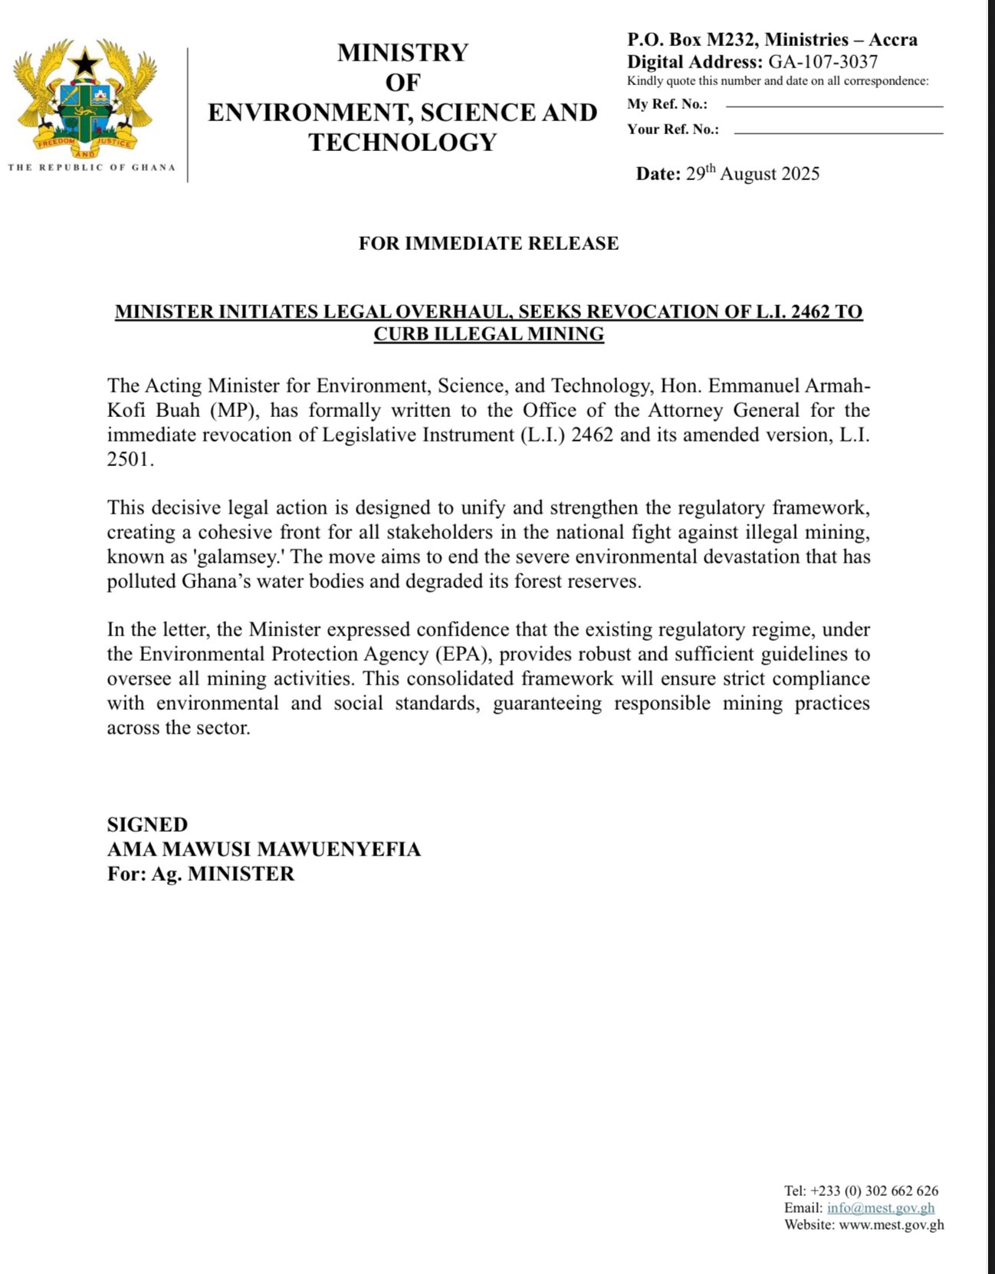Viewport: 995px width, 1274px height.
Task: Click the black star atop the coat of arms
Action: point(84,61)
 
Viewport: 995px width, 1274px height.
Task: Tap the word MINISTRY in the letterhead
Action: point(402,53)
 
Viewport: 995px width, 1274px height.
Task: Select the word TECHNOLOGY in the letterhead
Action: point(402,143)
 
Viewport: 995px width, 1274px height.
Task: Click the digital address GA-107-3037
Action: point(823,62)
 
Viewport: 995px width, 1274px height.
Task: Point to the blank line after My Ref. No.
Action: point(834,106)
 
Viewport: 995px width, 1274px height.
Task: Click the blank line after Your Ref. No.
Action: point(838,133)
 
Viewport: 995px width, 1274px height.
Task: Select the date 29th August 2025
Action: point(752,173)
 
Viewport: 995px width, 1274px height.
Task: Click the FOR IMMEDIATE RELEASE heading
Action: point(488,244)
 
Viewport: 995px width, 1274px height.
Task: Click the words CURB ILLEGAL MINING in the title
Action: point(488,334)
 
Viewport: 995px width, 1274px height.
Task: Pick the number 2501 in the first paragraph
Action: point(130,460)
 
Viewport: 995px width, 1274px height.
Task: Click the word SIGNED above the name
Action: point(147,825)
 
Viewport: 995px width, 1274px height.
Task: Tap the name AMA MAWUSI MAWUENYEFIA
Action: point(264,849)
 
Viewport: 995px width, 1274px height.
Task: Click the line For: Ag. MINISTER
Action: point(201,874)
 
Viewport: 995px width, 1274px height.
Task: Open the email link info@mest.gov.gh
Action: point(881,1208)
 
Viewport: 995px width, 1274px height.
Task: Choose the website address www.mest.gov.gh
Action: point(892,1225)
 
